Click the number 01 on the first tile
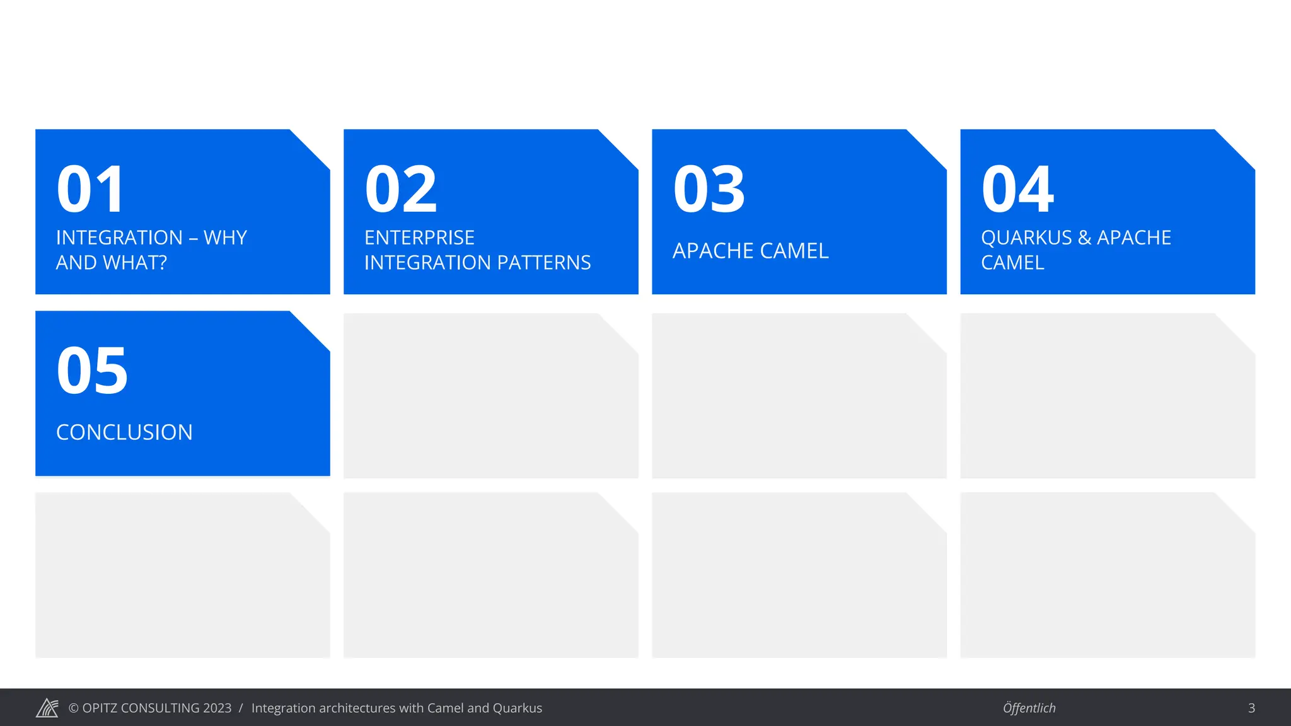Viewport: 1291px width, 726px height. (x=91, y=189)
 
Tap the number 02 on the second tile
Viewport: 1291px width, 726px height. (x=401, y=189)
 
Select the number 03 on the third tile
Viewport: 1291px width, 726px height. (x=709, y=189)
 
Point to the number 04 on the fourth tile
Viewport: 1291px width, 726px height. (x=1017, y=189)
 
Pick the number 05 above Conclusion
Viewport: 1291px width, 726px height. (x=92, y=371)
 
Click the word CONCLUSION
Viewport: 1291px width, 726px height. (x=124, y=432)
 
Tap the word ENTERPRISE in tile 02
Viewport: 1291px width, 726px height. (x=419, y=238)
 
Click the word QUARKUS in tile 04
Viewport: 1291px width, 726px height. (x=1026, y=238)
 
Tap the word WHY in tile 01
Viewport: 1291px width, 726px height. (x=225, y=238)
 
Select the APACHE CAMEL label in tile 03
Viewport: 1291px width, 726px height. (x=750, y=251)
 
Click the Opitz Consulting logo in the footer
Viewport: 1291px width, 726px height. (x=47, y=708)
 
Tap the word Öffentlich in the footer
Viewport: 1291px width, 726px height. (x=1029, y=708)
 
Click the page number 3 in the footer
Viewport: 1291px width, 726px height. (x=1251, y=708)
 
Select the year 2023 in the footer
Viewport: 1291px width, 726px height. (x=217, y=708)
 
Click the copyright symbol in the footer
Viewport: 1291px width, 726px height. (x=74, y=708)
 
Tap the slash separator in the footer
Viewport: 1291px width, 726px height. (x=241, y=708)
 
